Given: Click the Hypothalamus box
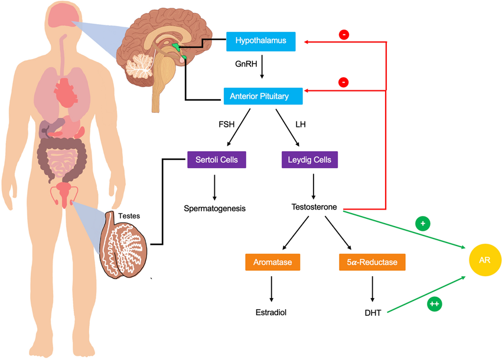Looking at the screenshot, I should pyautogui.click(x=260, y=41).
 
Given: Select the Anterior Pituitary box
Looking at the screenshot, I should pyautogui.click(x=263, y=96).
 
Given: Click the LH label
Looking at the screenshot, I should pyautogui.click(x=300, y=125).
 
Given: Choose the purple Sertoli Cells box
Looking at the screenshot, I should pyautogui.click(x=217, y=159).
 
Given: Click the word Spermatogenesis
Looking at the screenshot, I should pyautogui.click(x=214, y=208).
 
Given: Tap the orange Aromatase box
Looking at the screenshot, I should pyautogui.click(x=273, y=261).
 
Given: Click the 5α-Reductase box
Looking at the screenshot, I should pyautogui.click(x=372, y=261).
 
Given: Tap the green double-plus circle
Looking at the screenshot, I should pyautogui.click(x=434, y=304).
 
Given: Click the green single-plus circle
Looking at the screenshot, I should pyautogui.click(x=422, y=224).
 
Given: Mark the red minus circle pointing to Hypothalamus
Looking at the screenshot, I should pyautogui.click(x=344, y=35).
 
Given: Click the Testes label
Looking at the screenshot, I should pyautogui.click(x=129, y=216).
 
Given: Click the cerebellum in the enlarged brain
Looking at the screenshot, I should pyautogui.click(x=141, y=66).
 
